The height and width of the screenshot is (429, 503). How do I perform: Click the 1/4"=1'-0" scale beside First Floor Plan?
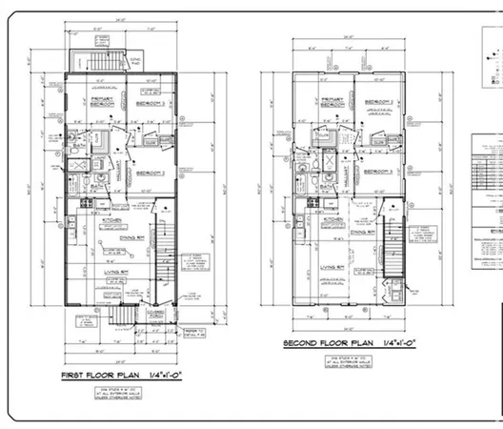tap(176, 377)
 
